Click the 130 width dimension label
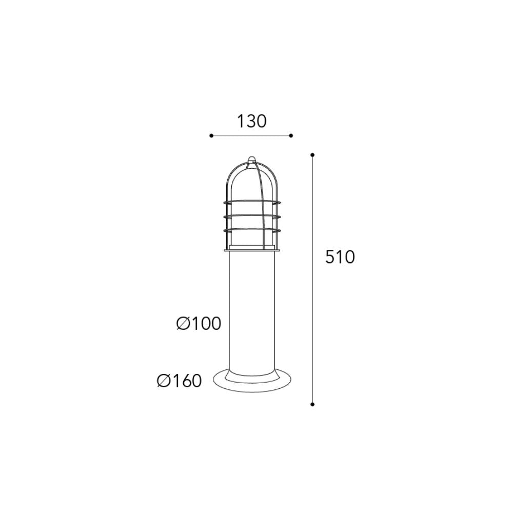tap(251, 122)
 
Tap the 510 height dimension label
tap(340, 257)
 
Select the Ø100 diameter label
tap(199, 324)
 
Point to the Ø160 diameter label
tap(179, 381)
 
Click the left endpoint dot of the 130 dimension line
tap(211, 135)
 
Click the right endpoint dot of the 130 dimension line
tap(291, 135)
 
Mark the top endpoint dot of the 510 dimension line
tap(312, 155)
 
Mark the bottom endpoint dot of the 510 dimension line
tap(312, 404)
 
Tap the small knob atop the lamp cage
tap(251, 160)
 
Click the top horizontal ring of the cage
tap(251, 202)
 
